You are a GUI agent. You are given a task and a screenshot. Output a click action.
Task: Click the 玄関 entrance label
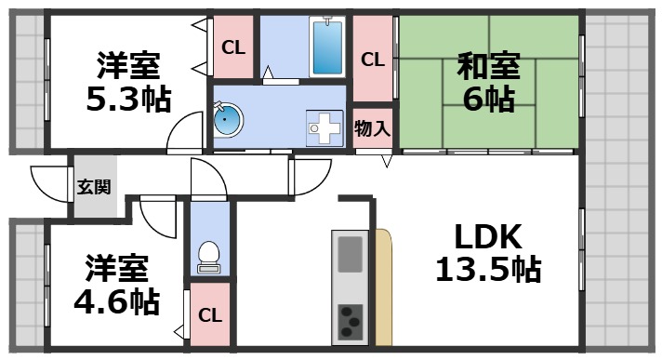click(x=93, y=187)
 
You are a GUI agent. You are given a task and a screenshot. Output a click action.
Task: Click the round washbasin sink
click(x=229, y=119)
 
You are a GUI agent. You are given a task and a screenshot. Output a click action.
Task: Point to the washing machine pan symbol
click(x=325, y=126)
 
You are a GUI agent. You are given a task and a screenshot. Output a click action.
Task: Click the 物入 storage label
click(x=373, y=127)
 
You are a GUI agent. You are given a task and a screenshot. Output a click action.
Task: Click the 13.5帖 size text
click(x=487, y=270)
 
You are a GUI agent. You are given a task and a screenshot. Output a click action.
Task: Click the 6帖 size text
click(x=487, y=99)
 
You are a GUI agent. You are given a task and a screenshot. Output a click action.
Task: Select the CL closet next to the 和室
click(x=373, y=60)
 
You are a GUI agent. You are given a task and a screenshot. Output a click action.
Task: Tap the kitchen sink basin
click(x=351, y=254)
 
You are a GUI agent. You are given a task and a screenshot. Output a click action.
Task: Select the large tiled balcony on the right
click(x=622, y=177)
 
